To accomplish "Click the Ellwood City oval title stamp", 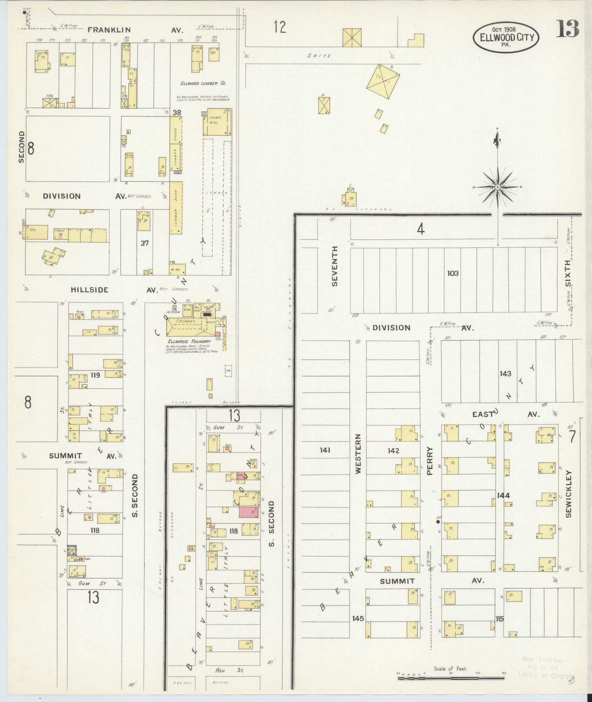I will click(x=506, y=37).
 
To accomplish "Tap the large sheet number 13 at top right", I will click(x=567, y=29).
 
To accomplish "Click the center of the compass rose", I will click(x=498, y=187).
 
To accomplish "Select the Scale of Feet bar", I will click(x=451, y=678).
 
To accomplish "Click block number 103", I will click(x=453, y=273).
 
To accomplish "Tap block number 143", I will click(x=505, y=374).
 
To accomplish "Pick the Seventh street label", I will click(x=334, y=266).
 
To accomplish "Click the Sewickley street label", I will click(x=569, y=494).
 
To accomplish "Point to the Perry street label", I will click(x=430, y=461).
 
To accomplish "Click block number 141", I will click(x=325, y=450).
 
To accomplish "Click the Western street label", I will click(x=358, y=454).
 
